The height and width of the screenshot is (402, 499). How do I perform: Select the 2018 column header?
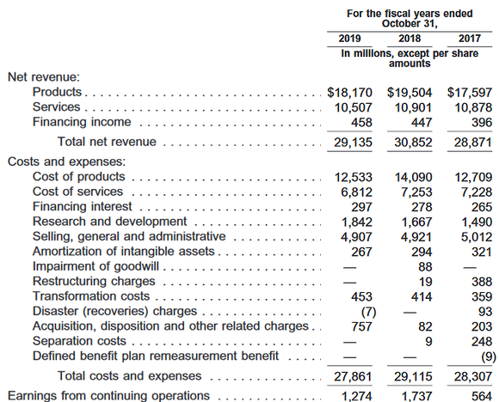click(x=408, y=40)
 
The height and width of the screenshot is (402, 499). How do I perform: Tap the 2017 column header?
click(x=468, y=40)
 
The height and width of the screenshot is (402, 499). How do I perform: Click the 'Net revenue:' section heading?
click(x=44, y=76)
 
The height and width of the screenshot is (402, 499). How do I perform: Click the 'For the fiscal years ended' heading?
click(x=408, y=13)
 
